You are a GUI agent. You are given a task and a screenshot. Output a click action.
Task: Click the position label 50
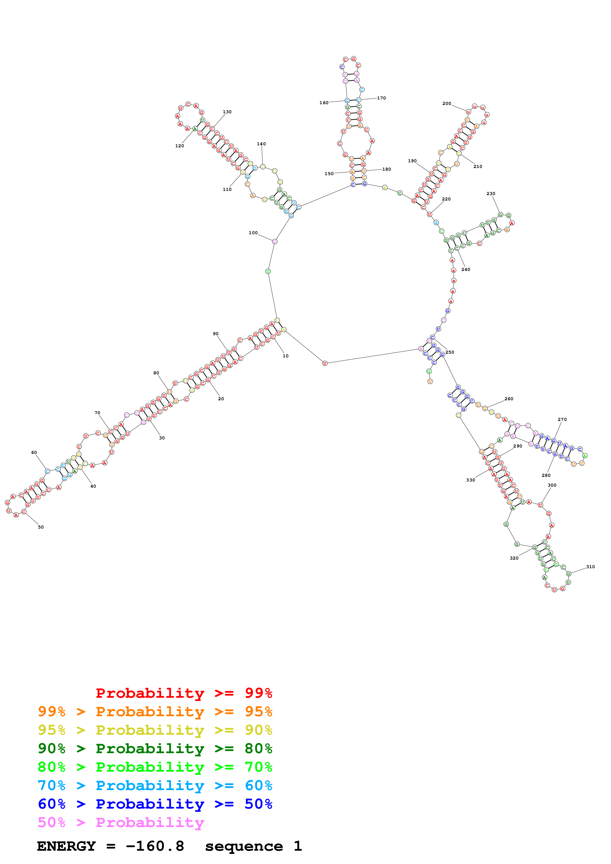[x=41, y=527]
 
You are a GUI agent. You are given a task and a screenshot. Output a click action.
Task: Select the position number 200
[x=447, y=103]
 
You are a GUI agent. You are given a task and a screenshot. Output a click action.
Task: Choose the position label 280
[x=546, y=475]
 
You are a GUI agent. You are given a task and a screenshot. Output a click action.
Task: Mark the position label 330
[x=470, y=480]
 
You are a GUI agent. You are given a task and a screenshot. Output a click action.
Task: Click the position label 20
[x=221, y=399]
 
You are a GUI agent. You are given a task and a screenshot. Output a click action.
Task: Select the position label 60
[x=34, y=452]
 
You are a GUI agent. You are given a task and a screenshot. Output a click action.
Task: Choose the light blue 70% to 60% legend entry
[x=155, y=785]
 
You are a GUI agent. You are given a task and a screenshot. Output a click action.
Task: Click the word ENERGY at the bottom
[x=66, y=846]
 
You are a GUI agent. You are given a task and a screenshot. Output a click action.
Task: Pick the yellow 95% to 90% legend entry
[x=155, y=730]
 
